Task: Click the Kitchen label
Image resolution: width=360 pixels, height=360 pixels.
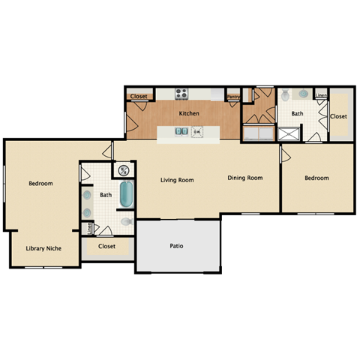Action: tap(189, 113)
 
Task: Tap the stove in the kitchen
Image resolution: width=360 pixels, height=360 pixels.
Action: tap(181, 94)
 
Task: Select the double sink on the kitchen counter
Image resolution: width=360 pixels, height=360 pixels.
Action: tap(182, 132)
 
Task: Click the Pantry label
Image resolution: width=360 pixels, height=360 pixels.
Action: tap(233, 96)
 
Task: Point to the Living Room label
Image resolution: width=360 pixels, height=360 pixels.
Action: tap(177, 180)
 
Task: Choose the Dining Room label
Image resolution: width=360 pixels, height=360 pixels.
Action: tap(245, 178)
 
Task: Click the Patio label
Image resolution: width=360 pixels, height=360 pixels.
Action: tap(177, 245)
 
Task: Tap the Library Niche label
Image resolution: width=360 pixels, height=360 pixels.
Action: tap(43, 248)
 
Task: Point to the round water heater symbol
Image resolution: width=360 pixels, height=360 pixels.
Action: tap(123, 169)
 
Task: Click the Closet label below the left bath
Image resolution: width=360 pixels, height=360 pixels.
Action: tap(106, 245)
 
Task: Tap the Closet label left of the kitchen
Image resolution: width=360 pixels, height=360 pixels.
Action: tap(139, 97)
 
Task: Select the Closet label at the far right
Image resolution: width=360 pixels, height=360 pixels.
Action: tap(339, 116)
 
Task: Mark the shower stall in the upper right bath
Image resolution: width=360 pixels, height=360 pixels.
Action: tap(289, 133)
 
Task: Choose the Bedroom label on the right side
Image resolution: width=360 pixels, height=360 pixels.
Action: tap(316, 178)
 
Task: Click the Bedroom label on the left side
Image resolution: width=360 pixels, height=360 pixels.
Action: tap(40, 183)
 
